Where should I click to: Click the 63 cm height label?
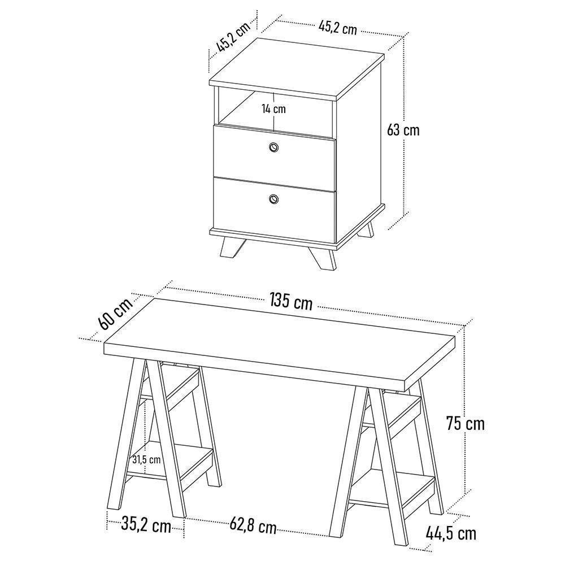[403, 130]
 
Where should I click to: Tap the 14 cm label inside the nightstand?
[273, 108]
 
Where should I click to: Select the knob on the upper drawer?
[274, 147]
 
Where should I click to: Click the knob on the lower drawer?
[274, 198]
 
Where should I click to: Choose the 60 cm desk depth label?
[115, 314]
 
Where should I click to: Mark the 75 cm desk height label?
[465, 423]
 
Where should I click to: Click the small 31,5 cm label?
[146, 459]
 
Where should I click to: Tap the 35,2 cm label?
[146, 525]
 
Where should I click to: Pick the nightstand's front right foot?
[321, 257]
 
